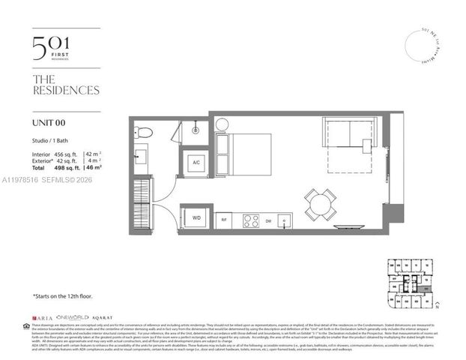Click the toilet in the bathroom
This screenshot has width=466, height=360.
click(x=145, y=133)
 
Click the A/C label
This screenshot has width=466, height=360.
click(x=196, y=163)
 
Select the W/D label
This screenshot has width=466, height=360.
click(x=197, y=218)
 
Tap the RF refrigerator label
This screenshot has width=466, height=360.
click(x=224, y=220)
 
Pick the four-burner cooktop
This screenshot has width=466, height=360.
click(x=248, y=220)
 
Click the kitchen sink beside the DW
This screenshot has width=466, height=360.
click(x=284, y=220)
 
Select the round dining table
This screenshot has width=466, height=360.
click(x=320, y=203)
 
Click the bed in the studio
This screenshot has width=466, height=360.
click(x=245, y=154)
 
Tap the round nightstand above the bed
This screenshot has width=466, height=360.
click(x=220, y=125)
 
